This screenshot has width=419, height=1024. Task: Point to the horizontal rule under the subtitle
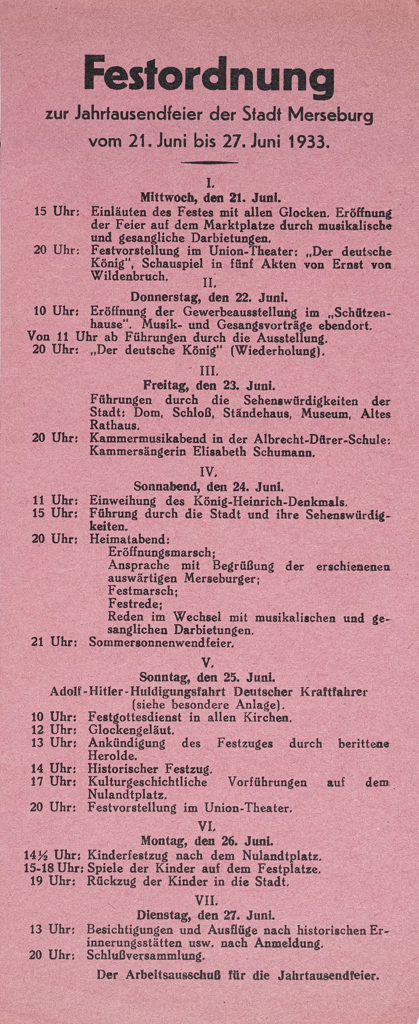[x=209, y=162]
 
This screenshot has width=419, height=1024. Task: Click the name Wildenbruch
[x=128, y=276]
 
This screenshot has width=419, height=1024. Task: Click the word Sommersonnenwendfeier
[x=160, y=642]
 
